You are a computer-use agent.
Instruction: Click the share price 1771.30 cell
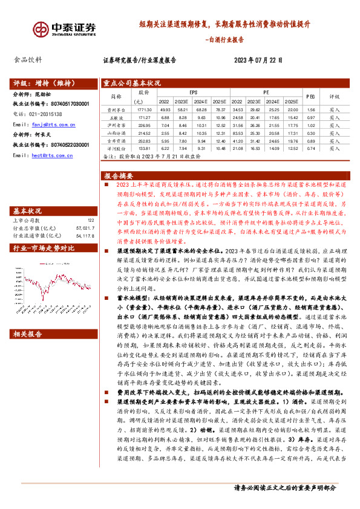click(x=143, y=110)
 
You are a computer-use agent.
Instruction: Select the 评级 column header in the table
click(x=335, y=96)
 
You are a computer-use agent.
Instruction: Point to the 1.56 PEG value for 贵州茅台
click(x=310, y=110)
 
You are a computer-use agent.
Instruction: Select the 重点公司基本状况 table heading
click(x=131, y=83)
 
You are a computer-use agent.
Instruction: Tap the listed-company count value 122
click(x=90, y=221)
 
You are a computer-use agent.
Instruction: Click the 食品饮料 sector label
click(x=28, y=60)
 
